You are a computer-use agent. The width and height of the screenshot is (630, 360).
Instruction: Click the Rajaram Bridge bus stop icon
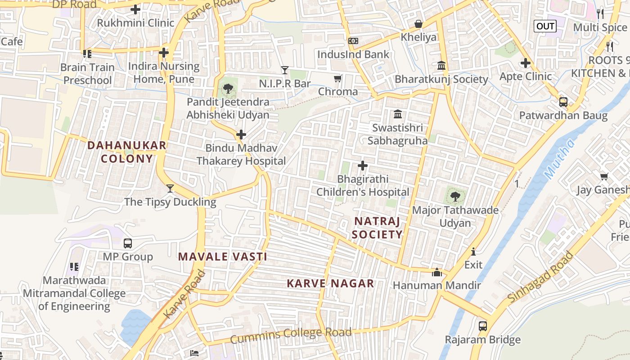click(483, 326)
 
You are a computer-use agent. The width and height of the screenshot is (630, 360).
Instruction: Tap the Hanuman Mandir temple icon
click(436, 272)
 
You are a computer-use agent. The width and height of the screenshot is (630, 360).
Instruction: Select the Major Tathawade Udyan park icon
click(455, 196)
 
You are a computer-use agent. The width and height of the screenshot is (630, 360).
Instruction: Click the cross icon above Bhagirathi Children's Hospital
click(363, 166)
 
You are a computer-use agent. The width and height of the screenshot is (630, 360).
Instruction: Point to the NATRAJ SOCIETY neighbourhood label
click(377, 228)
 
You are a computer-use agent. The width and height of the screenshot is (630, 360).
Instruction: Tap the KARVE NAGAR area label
click(331, 283)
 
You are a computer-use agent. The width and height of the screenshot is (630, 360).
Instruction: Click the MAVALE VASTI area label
click(223, 257)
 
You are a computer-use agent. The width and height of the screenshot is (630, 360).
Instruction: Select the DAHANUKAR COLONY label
click(127, 152)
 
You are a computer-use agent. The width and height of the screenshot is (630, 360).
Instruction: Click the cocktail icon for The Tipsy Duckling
click(170, 188)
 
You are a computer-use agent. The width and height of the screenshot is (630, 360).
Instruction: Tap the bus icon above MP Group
click(128, 243)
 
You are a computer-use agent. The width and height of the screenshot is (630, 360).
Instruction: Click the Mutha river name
click(559, 158)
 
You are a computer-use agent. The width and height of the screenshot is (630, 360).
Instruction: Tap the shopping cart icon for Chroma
click(337, 79)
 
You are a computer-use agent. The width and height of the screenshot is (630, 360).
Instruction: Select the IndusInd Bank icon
click(353, 41)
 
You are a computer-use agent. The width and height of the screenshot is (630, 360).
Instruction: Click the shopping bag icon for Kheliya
click(418, 23)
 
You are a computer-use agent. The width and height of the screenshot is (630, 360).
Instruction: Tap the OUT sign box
click(545, 26)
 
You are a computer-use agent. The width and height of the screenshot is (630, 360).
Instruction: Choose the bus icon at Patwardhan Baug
click(563, 102)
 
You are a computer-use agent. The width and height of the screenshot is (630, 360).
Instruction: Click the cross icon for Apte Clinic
click(525, 63)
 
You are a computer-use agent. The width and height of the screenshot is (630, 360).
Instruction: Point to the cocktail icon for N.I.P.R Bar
click(284, 70)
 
